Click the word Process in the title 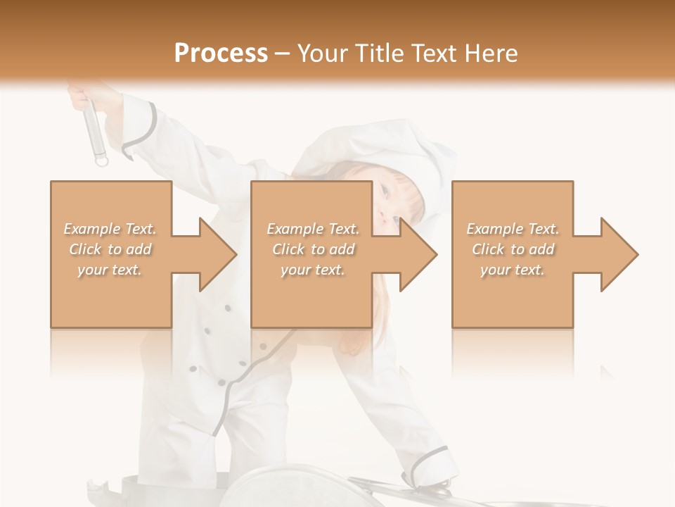[x=221, y=54]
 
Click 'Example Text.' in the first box [x=110, y=229]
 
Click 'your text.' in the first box [x=110, y=270]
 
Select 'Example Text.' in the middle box [x=313, y=229]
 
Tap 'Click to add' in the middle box [x=313, y=249]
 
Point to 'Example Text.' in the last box [x=513, y=229]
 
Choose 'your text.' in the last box [x=513, y=270]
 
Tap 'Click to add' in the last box [x=513, y=249]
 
